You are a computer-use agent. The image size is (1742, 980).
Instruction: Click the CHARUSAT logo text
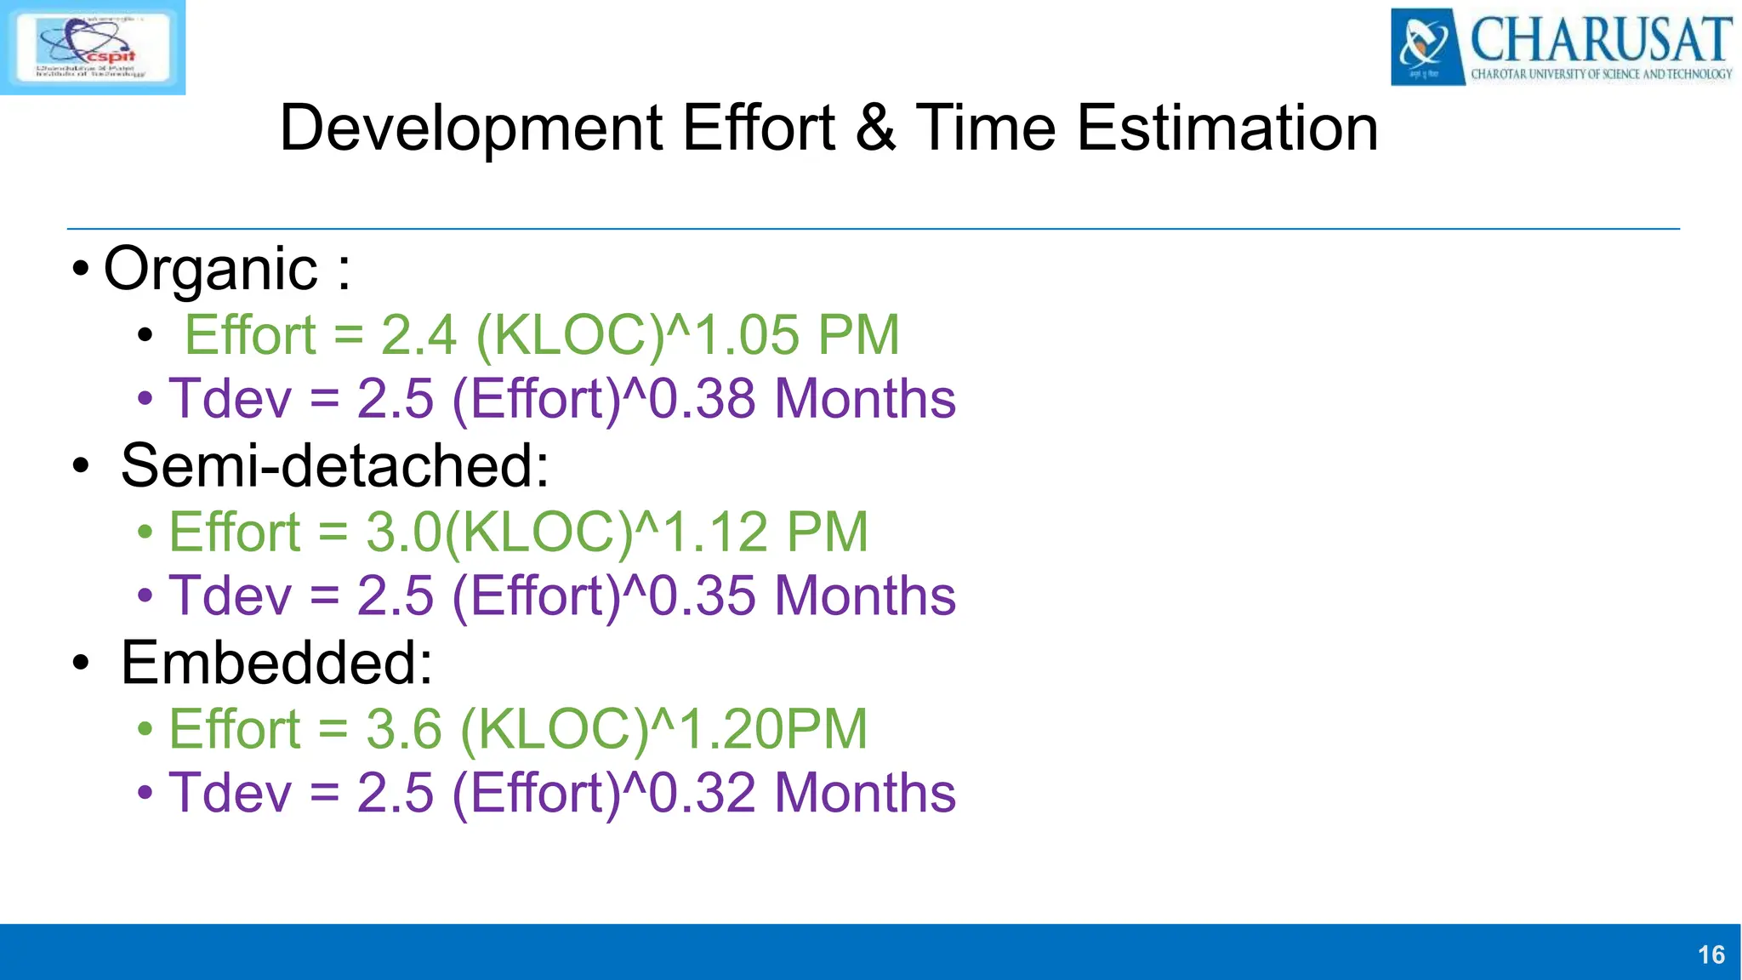pyautogui.click(x=1599, y=39)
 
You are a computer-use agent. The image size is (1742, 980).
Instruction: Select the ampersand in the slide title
pyautogui.click(x=875, y=128)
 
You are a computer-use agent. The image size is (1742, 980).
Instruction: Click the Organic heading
pyautogui.click(x=211, y=269)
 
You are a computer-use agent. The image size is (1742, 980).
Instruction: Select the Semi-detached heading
pyautogui.click(x=334, y=466)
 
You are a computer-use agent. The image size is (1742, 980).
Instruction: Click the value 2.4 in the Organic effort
pyautogui.click(x=418, y=335)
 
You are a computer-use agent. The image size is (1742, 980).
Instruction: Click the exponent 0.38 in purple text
pyautogui.click(x=702, y=399)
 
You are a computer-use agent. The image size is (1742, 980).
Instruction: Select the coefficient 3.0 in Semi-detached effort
pyautogui.click(x=404, y=533)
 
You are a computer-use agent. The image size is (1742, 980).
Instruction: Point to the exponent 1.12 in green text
pyautogui.click(x=715, y=533)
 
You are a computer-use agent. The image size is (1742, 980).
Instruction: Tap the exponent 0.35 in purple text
pyautogui.click(x=702, y=595)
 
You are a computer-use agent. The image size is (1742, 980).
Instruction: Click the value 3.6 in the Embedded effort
pyautogui.click(x=404, y=730)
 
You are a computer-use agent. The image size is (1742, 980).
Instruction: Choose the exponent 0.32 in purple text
pyautogui.click(x=702, y=793)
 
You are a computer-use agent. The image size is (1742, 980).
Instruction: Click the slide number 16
pyautogui.click(x=1711, y=954)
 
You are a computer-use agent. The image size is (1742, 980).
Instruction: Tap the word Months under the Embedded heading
pyautogui.click(x=865, y=793)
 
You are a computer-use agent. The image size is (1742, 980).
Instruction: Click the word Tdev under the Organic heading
pyautogui.click(x=230, y=399)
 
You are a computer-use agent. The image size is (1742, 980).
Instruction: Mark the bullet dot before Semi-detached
pyautogui.click(x=81, y=467)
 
